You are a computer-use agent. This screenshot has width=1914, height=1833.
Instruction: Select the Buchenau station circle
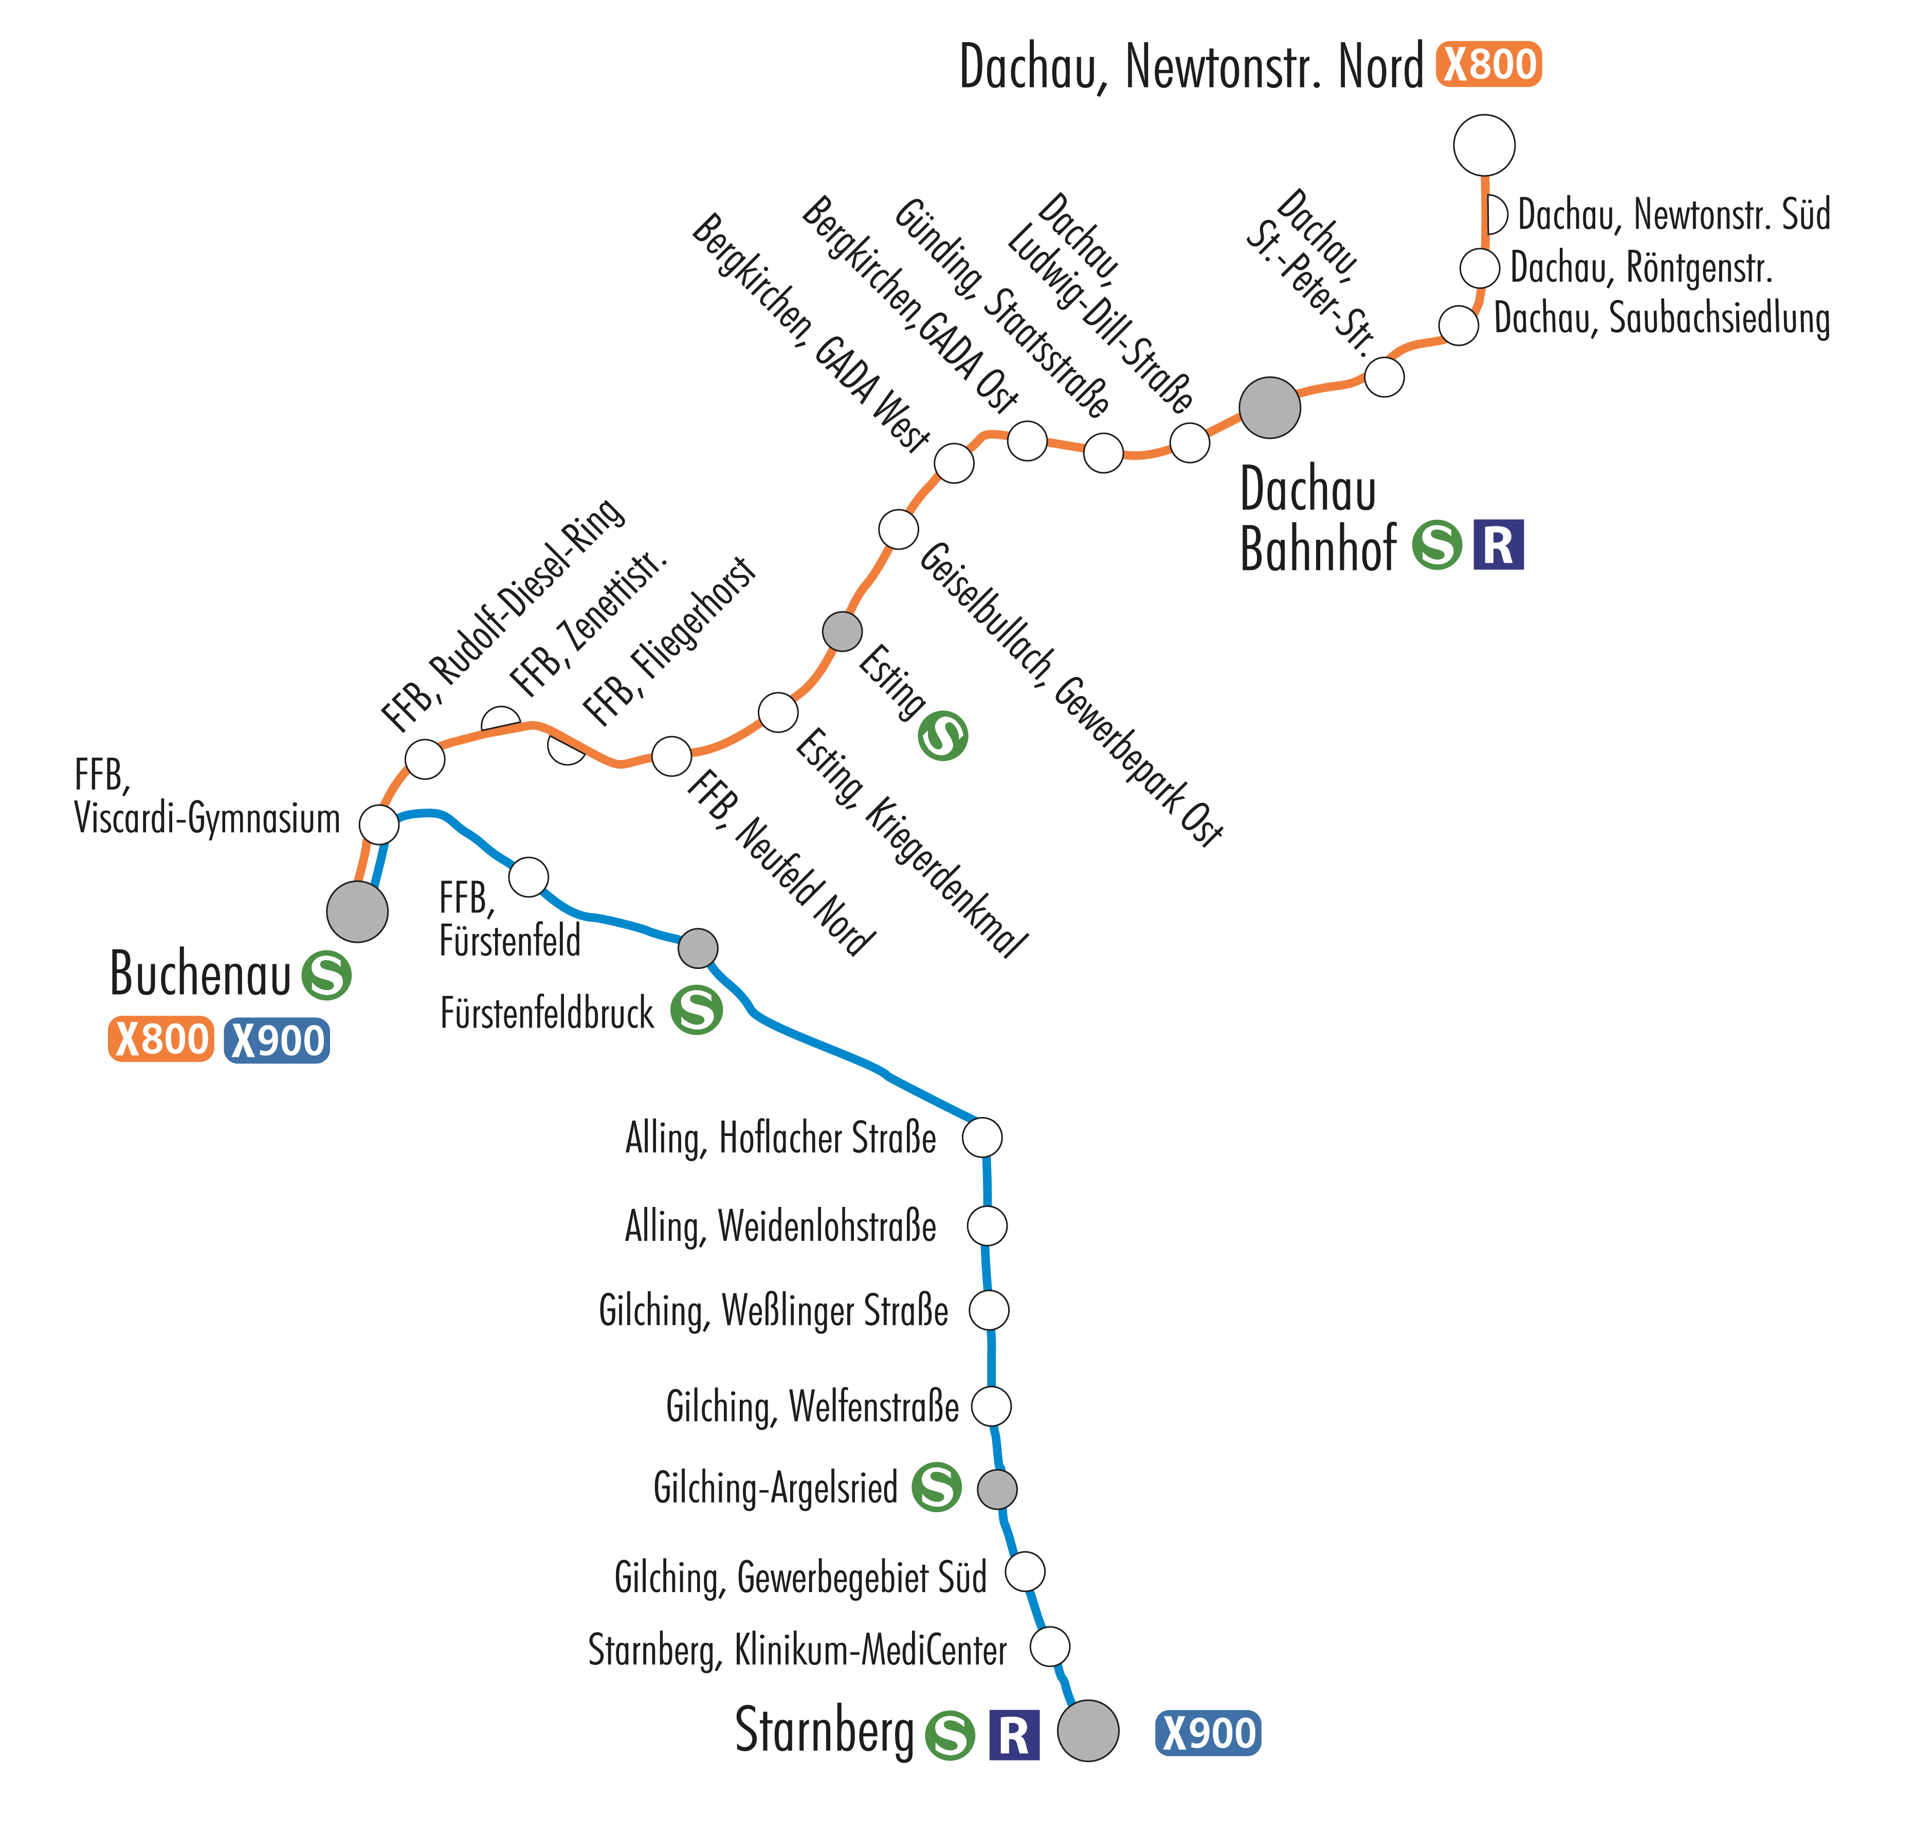click(x=357, y=911)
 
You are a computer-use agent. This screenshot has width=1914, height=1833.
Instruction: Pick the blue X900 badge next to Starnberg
click(x=1208, y=1733)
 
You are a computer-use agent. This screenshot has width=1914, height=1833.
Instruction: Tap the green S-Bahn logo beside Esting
click(x=942, y=736)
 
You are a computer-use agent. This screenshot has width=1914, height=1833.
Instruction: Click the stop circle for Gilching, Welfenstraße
click(x=991, y=1406)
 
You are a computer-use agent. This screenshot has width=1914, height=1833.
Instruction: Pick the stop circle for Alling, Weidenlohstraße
click(x=986, y=1225)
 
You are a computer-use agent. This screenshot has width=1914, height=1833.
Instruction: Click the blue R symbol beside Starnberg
click(x=1014, y=1735)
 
